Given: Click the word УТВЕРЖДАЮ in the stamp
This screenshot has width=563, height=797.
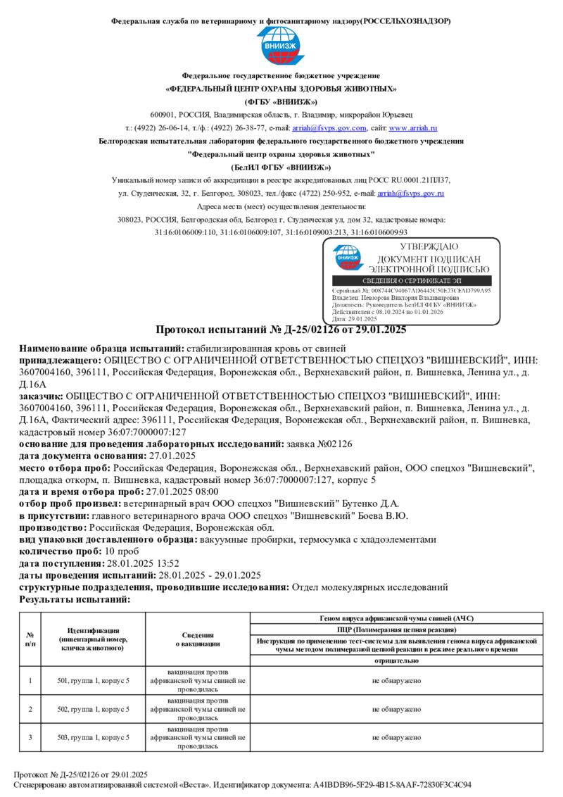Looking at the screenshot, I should pos(429,247).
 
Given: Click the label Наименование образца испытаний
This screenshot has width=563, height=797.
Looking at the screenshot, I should pos(101,349).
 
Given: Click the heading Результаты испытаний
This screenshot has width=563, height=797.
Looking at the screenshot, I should pos(75,599).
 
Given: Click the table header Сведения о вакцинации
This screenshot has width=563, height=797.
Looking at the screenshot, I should pos(198,639).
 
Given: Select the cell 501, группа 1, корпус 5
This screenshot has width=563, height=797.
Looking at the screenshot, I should pos(93,680).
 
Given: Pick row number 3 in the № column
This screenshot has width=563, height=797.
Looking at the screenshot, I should pos(30,737).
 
